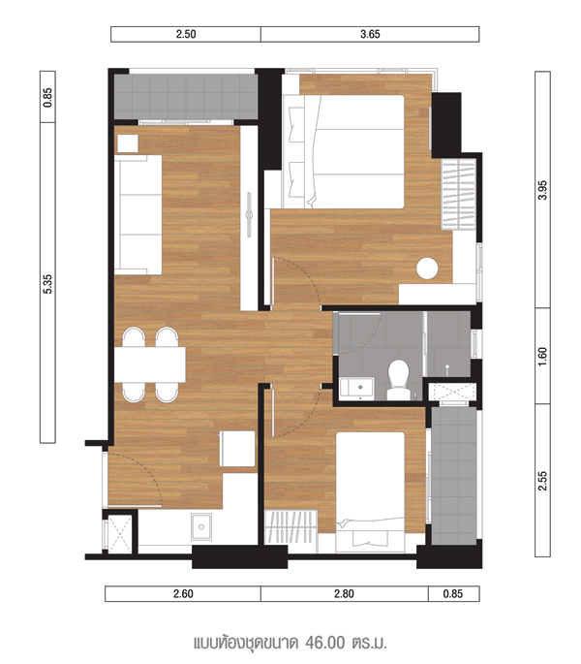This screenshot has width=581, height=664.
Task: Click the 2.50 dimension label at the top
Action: (186, 34)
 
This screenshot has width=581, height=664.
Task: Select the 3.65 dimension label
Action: (370, 34)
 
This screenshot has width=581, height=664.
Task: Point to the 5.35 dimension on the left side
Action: (47, 284)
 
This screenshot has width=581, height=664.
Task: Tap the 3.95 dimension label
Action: (543, 190)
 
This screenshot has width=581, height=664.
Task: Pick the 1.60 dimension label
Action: (543, 356)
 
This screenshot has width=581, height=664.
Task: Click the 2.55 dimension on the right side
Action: (543, 481)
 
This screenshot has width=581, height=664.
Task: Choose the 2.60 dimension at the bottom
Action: (183, 593)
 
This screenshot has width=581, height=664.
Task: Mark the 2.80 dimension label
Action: (344, 593)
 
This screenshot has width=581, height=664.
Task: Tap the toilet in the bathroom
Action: (399, 380)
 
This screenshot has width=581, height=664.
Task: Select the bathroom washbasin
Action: (356, 389)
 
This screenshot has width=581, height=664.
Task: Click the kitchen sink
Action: (201, 526)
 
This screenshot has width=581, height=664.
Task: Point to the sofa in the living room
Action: (138, 214)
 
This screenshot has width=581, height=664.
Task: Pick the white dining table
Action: (150, 364)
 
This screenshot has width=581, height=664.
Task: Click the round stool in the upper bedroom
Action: (427, 269)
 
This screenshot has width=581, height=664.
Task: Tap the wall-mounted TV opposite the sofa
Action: (249, 214)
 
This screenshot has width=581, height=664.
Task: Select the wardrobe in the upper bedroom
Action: (458, 195)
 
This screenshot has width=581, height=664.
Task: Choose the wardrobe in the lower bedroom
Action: (290, 527)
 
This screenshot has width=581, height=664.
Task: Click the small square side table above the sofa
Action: (128, 143)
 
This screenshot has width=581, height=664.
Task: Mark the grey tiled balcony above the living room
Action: (186, 97)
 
